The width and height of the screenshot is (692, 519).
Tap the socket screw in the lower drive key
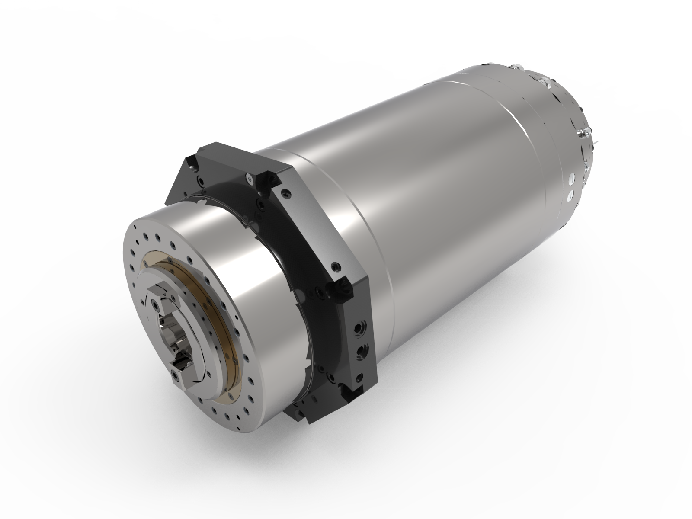pos(175,375)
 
